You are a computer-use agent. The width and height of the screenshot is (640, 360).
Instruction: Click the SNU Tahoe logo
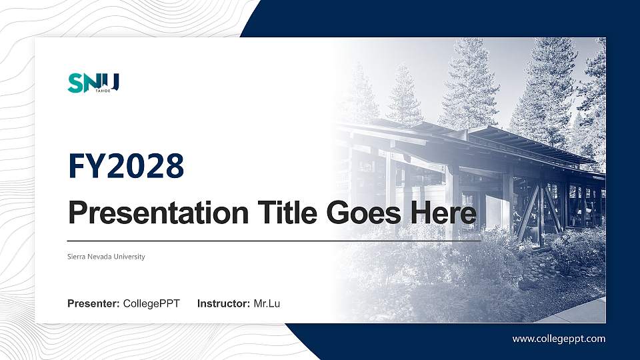[93, 83]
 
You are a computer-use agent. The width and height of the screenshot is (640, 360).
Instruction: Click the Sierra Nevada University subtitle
[106, 257]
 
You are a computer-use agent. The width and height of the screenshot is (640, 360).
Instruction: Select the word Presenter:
[93, 304]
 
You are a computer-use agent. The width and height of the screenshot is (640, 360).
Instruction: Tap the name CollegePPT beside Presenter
[151, 304]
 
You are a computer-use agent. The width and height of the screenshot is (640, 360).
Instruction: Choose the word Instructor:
[224, 304]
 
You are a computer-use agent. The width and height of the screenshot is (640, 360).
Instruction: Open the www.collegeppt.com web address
[559, 339]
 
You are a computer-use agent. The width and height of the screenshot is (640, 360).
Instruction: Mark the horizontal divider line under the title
[273, 240]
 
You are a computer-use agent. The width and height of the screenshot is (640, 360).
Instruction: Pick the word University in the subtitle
[129, 257]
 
